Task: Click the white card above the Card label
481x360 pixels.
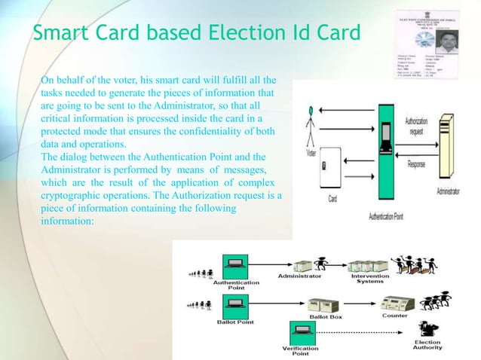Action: point(332,178)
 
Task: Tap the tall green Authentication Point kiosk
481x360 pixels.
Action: point(385,158)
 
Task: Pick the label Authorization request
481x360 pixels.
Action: point(419,125)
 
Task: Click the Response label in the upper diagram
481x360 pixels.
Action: point(420,163)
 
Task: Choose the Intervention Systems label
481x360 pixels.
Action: point(370,279)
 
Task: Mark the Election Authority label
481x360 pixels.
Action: point(427,345)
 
